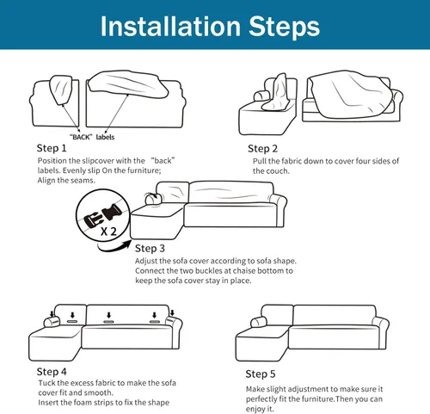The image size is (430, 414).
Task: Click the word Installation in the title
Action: point(170,26)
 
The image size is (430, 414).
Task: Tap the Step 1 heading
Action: point(52,148)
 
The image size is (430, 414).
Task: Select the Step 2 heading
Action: point(262,149)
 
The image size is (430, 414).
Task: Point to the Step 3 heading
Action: point(150,249)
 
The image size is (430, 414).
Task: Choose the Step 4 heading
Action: point(52,372)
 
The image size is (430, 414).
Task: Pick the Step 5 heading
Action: point(261,374)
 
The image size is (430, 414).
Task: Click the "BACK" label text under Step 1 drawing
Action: point(81,137)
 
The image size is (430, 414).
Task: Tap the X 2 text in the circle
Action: point(108,232)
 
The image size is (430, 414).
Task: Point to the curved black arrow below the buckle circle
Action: point(114,247)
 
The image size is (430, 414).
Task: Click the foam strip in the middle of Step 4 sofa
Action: point(108,322)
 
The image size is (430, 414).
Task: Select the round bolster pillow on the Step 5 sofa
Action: point(259,322)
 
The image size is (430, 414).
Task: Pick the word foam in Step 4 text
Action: point(83,403)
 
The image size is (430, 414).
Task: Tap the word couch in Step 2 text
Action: point(279,171)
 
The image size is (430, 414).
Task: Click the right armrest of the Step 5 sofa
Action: point(381,333)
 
